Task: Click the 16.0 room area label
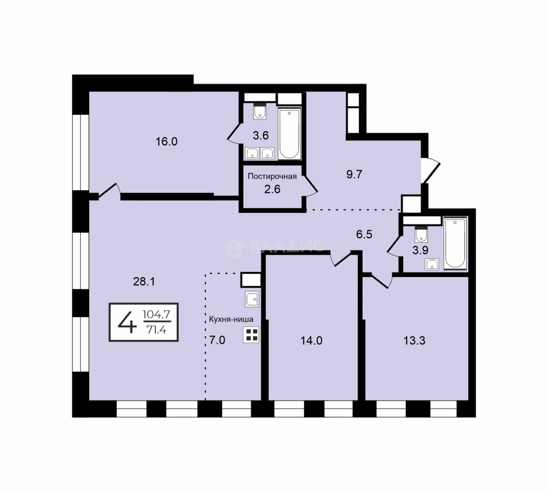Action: pyautogui.click(x=167, y=142)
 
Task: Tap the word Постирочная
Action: pyautogui.click(x=272, y=176)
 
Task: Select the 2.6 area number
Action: pyautogui.click(x=272, y=189)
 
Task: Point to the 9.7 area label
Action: pyautogui.click(x=354, y=174)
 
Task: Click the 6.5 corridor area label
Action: pyautogui.click(x=364, y=234)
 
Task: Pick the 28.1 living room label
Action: pyautogui.click(x=144, y=282)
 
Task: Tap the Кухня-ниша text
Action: pyautogui.click(x=231, y=319)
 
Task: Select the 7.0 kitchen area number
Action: pyautogui.click(x=217, y=340)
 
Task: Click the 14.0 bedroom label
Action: pyautogui.click(x=311, y=341)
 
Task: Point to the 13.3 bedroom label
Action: pyautogui.click(x=415, y=341)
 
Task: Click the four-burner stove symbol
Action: pyautogui.click(x=251, y=335)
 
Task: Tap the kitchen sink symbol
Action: pyautogui.click(x=252, y=299)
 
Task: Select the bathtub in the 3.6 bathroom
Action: pyautogui.click(x=289, y=134)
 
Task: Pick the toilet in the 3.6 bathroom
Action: pyautogui.click(x=260, y=112)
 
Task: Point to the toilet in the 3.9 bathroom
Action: pyautogui.click(x=421, y=235)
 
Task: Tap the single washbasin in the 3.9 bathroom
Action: pyautogui.click(x=432, y=264)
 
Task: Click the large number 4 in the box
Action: pyautogui.click(x=127, y=322)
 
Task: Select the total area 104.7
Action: pyautogui.click(x=156, y=314)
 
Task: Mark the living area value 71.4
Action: pyautogui.click(x=156, y=329)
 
